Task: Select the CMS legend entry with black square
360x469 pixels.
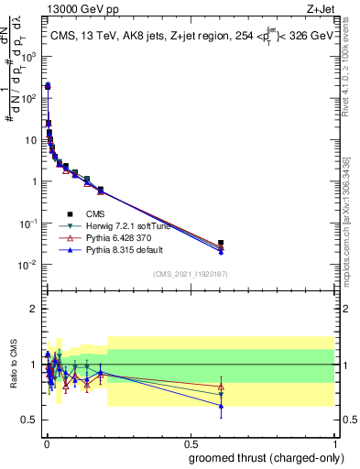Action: pyautogui.click(x=82, y=213)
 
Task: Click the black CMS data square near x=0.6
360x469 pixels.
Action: pyautogui.click(x=221, y=243)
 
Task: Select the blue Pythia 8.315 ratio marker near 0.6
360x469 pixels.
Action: pyautogui.click(x=221, y=406)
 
